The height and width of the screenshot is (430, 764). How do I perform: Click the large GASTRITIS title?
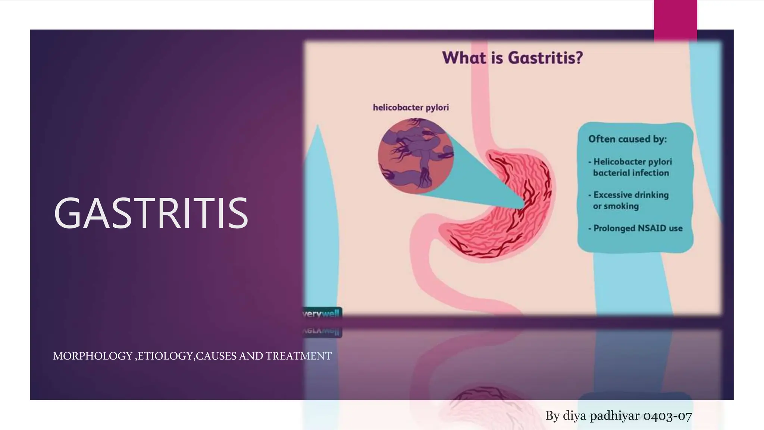coord(151,213)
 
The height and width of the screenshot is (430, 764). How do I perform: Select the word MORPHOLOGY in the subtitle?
coord(93,356)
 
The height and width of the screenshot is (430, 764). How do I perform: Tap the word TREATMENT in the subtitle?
coord(298,356)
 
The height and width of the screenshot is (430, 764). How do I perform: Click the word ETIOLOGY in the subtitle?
coord(165,356)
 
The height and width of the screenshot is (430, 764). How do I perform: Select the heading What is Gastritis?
coord(512,58)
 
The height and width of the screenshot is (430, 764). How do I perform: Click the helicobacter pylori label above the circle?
coord(411,107)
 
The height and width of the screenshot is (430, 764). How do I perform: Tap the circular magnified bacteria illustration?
coord(415,156)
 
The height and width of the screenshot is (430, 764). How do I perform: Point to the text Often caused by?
coord(627,139)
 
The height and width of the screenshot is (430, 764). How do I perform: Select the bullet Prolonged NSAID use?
coord(638,228)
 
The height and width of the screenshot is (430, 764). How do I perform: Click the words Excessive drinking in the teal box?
coord(631,195)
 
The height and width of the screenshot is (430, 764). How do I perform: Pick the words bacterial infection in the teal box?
coord(631,173)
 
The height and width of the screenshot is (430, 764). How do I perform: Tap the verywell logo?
coord(322,314)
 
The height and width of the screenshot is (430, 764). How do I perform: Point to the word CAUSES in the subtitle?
coord(216,356)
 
